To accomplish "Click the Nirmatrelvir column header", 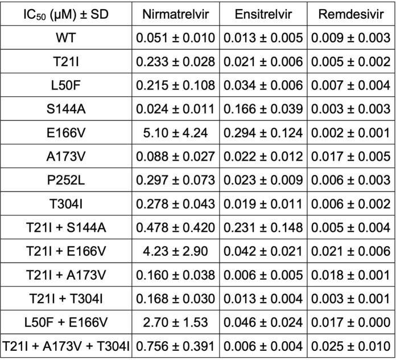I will tap(175, 14).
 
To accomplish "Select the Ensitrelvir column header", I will tap(263, 14).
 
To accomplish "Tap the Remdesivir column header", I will tap(351, 14).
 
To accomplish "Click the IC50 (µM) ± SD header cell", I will tap(66, 14).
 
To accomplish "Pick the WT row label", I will tap(66, 38).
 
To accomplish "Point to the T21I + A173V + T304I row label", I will tap(66, 346).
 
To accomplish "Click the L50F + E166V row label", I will tap(66, 322).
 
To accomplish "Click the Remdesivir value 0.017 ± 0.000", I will tap(351, 322).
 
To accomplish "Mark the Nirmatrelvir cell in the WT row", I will tap(175, 38).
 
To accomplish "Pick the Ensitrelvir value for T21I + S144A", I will tap(263, 227).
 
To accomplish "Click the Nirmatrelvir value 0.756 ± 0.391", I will tap(175, 346).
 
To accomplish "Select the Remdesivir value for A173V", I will tap(351, 155).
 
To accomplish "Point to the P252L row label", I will tap(66, 179).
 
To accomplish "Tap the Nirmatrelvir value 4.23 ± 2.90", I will tap(175, 251).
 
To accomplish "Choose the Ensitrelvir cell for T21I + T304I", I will tap(263, 298).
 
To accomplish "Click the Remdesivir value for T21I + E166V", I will tap(351, 251).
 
